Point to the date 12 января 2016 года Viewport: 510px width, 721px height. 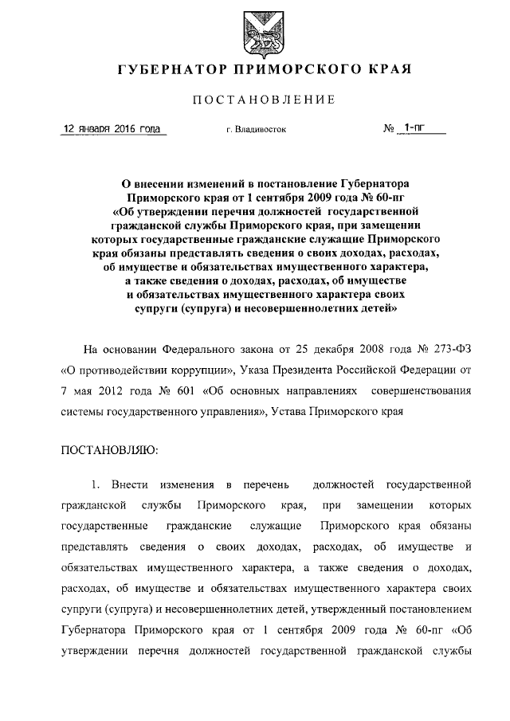[x=112, y=128]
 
